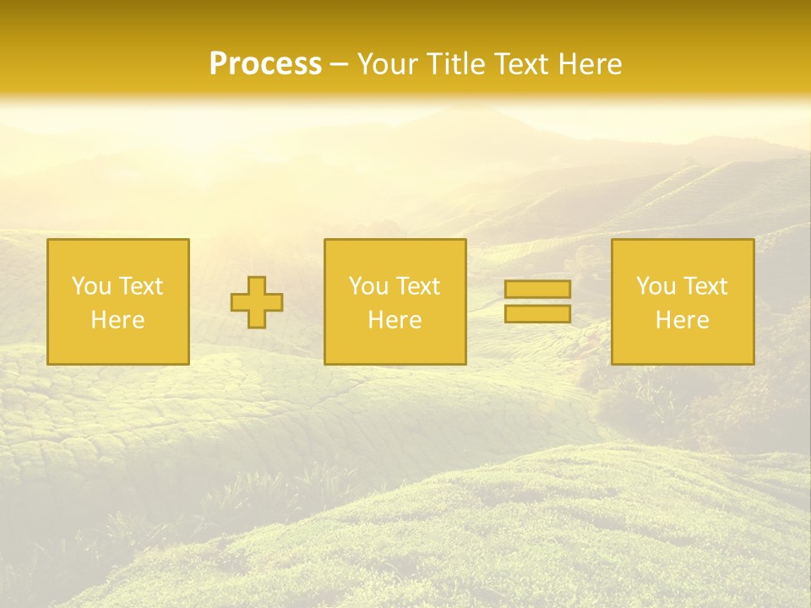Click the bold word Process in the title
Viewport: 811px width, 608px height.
(265, 63)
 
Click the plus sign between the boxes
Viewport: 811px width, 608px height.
(257, 302)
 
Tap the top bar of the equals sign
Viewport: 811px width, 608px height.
(537, 289)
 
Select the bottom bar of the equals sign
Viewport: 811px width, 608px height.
(537, 314)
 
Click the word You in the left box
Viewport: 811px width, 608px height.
(91, 286)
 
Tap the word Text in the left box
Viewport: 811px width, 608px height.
(140, 286)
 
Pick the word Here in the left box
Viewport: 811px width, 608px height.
(117, 320)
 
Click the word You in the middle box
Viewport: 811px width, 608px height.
(368, 286)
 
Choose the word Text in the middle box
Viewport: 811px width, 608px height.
(417, 286)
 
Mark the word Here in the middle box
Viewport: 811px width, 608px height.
(395, 320)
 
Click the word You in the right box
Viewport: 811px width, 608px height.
(656, 286)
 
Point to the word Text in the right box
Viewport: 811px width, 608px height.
(705, 286)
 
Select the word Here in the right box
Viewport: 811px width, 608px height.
(682, 320)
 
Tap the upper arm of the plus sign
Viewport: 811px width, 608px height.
(257, 285)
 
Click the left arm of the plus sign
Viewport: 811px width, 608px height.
(240, 302)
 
